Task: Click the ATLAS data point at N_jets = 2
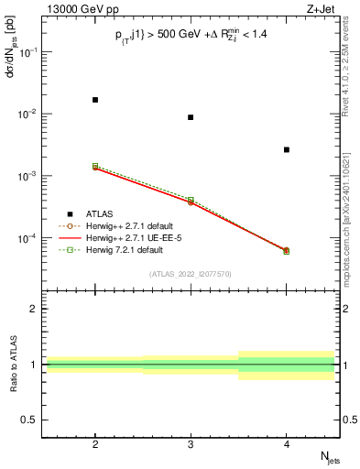95,99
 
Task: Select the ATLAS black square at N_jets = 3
191,117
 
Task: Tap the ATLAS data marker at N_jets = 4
287,149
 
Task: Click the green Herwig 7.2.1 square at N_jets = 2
95,166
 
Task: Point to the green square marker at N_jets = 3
191,199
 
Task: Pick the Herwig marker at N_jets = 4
287,250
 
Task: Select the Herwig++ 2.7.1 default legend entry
133,225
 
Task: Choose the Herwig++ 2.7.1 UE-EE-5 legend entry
133,236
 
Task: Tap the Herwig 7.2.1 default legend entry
129,248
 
